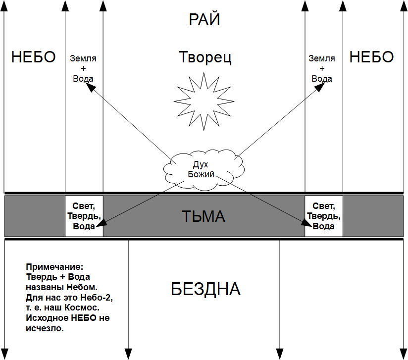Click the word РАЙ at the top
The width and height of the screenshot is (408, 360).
(x=204, y=19)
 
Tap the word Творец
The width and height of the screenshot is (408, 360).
(x=205, y=57)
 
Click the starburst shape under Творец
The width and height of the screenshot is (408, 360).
(x=204, y=101)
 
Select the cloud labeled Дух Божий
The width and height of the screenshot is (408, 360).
(x=204, y=170)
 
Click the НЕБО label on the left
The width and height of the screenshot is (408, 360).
(x=33, y=57)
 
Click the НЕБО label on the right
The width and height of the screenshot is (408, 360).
(x=371, y=57)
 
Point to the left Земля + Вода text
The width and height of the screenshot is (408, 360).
(x=83, y=68)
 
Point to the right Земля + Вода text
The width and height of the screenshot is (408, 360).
(x=322, y=68)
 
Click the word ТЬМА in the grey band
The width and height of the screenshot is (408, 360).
(x=203, y=216)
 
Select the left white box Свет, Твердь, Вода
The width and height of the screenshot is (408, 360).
(x=84, y=216)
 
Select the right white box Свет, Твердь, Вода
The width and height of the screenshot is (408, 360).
(x=324, y=216)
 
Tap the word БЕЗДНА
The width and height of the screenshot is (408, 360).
(x=205, y=289)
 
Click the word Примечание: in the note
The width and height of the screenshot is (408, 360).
(x=54, y=267)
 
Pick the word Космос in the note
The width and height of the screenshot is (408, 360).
(x=82, y=308)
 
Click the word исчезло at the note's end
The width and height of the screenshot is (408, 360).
(x=45, y=328)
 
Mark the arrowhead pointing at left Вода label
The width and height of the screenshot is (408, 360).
(x=90, y=87)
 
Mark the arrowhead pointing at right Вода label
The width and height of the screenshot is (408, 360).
(x=320, y=87)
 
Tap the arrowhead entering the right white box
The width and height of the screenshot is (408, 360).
(x=307, y=223)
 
